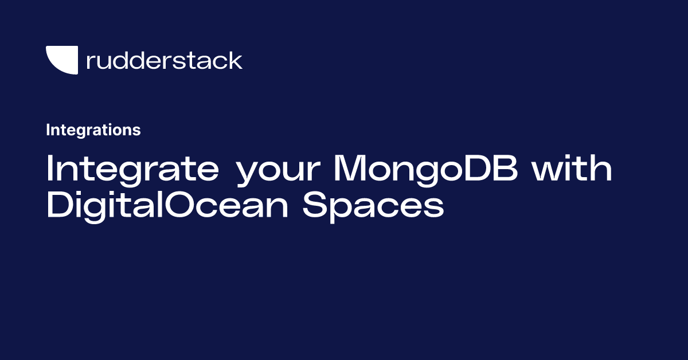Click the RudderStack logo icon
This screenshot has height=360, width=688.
(61, 60)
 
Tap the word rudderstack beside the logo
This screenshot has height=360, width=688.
(164, 60)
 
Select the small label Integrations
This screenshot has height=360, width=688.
(93, 130)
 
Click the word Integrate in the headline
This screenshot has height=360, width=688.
(132, 169)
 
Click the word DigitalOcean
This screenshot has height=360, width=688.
(169, 205)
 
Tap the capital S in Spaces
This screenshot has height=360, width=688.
(314, 205)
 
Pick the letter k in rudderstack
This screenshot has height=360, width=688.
(236, 60)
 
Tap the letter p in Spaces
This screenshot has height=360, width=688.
(340, 209)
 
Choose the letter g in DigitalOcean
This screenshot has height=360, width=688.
(95, 209)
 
